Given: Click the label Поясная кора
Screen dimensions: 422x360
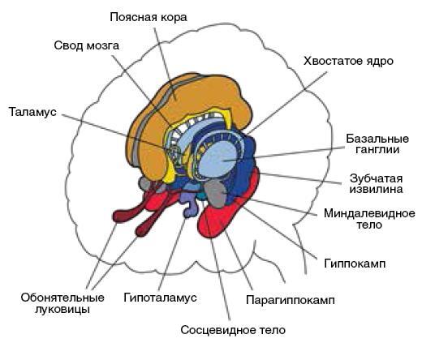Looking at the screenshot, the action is tap(149, 17).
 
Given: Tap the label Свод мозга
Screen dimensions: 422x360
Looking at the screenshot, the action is tap(87, 45).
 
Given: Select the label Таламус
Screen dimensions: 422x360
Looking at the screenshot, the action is tap(32, 112).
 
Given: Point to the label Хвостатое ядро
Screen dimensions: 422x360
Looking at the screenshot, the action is tap(348, 61).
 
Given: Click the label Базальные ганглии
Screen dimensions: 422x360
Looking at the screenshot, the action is tap(377, 144).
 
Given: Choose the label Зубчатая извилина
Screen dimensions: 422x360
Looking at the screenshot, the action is tap(377, 184).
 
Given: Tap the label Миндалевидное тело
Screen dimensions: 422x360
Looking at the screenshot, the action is tap(369, 219).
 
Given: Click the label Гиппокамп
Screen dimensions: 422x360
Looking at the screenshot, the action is tap(355, 264).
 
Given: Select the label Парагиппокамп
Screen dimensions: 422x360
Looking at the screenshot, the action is tap(291, 300).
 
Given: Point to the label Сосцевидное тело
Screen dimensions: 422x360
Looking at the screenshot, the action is tap(233, 330).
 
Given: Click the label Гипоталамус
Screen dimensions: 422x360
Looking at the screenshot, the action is tap(160, 298).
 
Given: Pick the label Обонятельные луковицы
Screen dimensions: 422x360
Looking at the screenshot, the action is tap(62, 303).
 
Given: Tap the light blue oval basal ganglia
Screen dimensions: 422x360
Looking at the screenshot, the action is tap(217, 160).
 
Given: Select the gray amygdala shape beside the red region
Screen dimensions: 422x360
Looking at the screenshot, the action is tap(216, 193).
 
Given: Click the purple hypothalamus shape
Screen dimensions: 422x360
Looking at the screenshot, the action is tap(190, 204).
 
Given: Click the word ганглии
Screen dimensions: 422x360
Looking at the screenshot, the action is tap(377, 150).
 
